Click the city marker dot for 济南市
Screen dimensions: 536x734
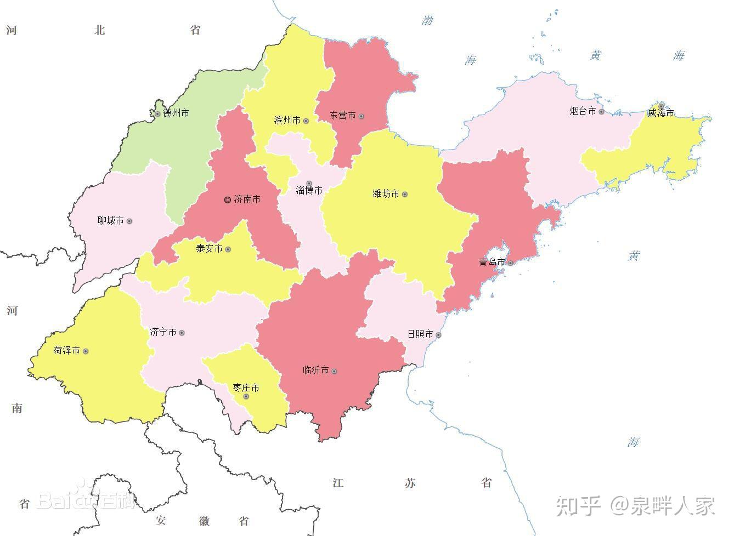[228, 200]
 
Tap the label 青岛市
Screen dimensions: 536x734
[492, 263]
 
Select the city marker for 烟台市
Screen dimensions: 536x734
[601, 112]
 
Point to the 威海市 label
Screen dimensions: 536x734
[660, 113]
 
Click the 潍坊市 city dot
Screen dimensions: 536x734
[405, 195]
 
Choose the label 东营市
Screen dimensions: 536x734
[343, 116]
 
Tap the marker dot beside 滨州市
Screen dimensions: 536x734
[306, 121]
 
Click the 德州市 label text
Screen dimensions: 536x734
[176, 113]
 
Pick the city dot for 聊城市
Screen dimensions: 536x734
[129, 221]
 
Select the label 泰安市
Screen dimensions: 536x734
[209, 249]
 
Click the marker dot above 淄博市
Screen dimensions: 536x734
[309, 184]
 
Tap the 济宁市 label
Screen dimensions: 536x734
[163, 333]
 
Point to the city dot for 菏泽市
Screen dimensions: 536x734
[86, 351]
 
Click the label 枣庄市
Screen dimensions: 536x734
[246, 388]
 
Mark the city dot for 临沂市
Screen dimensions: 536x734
[334, 372]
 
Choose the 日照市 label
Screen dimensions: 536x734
[420, 334]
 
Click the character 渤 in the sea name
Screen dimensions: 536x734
[427, 21]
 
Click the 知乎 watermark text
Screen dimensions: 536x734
[579, 505]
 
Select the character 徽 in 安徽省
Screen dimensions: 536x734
[205, 521]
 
